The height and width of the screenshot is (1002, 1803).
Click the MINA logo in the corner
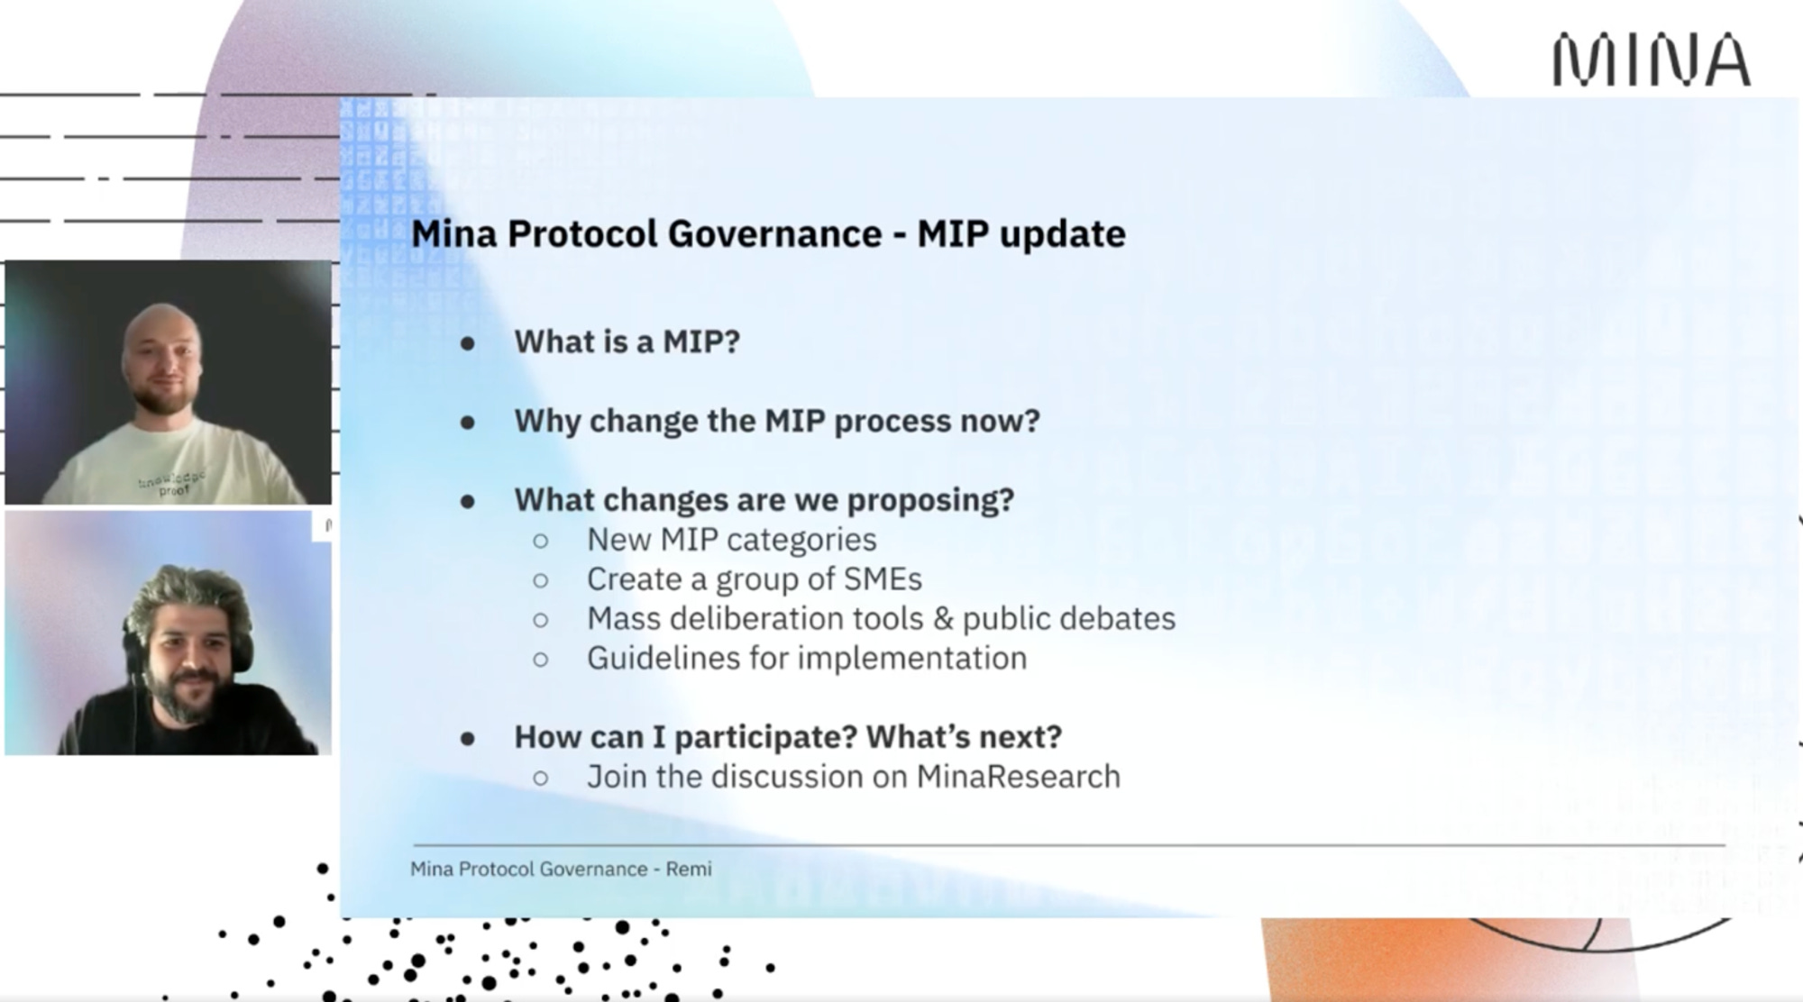[x=1652, y=60]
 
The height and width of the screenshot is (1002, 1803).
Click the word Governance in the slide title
[x=774, y=234]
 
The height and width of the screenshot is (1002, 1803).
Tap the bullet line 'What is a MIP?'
[x=627, y=342]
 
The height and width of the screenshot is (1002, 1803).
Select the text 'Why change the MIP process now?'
[x=777, y=421]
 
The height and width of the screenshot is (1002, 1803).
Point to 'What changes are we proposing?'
[x=764, y=500]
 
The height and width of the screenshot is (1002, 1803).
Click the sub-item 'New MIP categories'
[x=731, y=540]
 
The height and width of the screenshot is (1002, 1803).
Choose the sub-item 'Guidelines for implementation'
[x=807, y=659]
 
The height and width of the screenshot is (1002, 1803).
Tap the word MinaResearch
[x=1019, y=777]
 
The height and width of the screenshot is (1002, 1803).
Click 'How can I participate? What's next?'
[x=788, y=737]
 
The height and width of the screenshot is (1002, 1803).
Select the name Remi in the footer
[x=689, y=870]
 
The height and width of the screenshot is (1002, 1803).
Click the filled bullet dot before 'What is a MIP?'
[x=467, y=343]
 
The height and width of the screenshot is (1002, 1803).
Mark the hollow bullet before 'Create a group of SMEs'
[x=540, y=580]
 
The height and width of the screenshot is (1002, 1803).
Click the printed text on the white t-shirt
[x=172, y=483]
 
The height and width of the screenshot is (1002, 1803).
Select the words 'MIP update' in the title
[x=1021, y=234]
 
